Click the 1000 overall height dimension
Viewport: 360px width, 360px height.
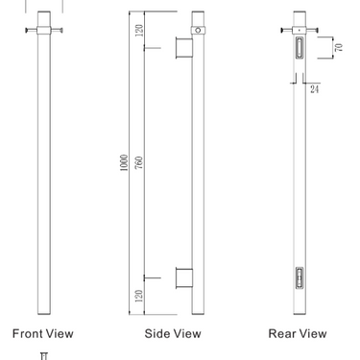coord(124,164)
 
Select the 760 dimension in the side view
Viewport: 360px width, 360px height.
coord(139,164)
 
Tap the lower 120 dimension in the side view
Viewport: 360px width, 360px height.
coord(139,296)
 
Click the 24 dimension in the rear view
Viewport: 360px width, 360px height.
coord(315,89)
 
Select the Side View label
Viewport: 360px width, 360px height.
coord(172,334)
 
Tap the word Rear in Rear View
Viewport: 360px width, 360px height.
coord(284,334)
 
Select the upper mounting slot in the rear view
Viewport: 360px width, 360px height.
coord(300,48)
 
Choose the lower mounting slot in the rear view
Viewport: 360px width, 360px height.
coord(300,277)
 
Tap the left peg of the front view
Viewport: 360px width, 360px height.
coord(28,32)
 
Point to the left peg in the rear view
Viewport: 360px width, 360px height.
coord(285,31)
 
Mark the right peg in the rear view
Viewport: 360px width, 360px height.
coord(315,31)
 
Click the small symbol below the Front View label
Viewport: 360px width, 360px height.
coord(43,354)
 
